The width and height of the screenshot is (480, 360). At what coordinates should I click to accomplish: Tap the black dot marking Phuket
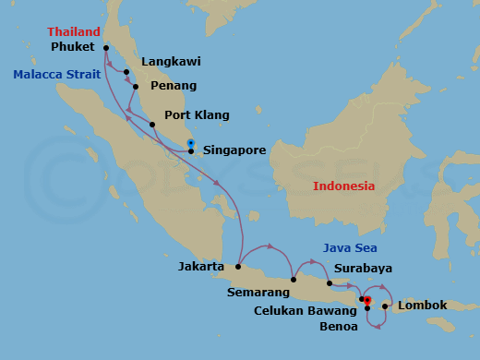(107, 48)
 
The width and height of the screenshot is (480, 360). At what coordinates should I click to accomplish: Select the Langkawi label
(171, 63)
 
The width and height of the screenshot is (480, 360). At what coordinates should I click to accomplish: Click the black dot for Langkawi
(126, 71)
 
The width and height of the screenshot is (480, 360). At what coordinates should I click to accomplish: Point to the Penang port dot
(136, 87)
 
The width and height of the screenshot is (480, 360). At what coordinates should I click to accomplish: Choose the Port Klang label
(196, 116)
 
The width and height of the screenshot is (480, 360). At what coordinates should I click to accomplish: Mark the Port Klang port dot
(152, 124)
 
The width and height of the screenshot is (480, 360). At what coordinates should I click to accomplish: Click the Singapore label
(234, 150)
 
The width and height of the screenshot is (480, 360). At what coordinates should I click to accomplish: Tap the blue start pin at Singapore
(190, 143)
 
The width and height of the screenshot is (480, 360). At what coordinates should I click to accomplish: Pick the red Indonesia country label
(343, 186)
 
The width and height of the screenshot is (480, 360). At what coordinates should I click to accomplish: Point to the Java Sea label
(350, 247)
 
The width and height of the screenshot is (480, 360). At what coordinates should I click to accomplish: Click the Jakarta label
(201, 267)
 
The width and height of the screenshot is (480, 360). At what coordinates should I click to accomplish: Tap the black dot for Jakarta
(238, 267)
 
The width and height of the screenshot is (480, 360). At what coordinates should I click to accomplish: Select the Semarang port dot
(293, 280)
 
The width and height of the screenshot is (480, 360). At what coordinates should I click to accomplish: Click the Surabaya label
(364, 269)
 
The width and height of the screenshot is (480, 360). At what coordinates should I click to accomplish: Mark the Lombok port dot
(385, 306)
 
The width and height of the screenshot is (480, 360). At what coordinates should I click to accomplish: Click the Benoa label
(341, 327)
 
